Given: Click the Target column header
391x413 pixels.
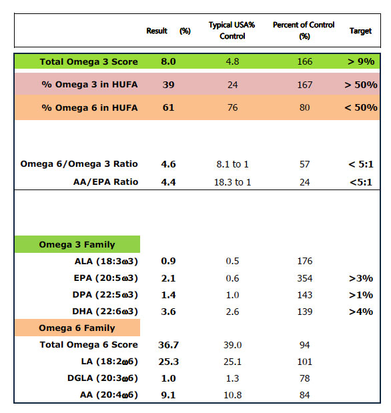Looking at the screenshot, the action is pyautogui.click(x=360, y=31).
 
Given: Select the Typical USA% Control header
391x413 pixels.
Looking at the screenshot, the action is pyautogui.click(x=232, y=31).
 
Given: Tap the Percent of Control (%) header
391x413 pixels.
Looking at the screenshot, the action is pyautogui.click(x=304, y=31).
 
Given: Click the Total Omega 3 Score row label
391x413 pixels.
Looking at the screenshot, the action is pyautogui.click(x=89, y=61).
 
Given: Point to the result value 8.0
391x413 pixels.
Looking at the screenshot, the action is pyautogui.click(x=168, y=61).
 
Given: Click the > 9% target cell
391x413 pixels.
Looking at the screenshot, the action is pyautogui.click(x=361, y=61).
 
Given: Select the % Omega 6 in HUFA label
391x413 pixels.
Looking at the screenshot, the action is pyautogui.click(x=89, y=107).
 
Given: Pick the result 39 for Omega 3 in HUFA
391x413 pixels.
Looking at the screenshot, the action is pyautogui.click(x=168, y=85).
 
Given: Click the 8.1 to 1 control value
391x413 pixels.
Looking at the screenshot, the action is pyautogui.click(x=232, y=164).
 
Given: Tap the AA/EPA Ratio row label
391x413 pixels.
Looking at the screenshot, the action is pyautogui.click(x=105, y=182).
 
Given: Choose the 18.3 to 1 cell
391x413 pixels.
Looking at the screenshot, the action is pyautogui.click(x=232, y=182).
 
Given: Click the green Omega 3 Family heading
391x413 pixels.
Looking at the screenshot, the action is pyautogui.click(x=77, y=244).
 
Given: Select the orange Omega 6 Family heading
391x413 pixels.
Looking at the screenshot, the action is pyautogui.click(x=77, y=328).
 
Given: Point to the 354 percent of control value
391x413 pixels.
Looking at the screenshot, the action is pyautogui.click(x=304, y=278).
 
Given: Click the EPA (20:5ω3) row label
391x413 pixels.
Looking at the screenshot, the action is pyautogui.click(x=105, y=278).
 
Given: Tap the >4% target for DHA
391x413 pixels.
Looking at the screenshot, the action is pyautogui.click(x=361, y=312).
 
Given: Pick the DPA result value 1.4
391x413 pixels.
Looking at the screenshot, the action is pyautogui.click(x=168, y=295).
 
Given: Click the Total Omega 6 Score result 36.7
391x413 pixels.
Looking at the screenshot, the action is pyautogui.click(x=168, y=345).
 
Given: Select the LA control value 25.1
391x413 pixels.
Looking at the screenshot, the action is pyautogui.click(x=232, y=362).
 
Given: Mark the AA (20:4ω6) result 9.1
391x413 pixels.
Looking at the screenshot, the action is pyautogui.click(x=168, y=395).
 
